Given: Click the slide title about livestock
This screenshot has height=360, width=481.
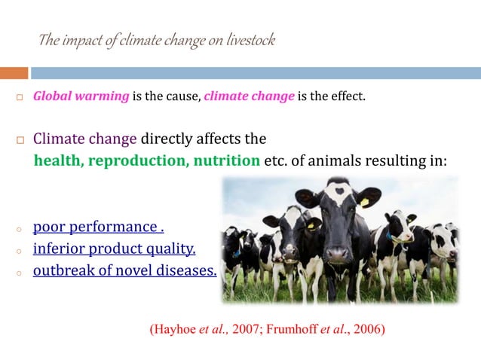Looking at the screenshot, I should coord(156,40).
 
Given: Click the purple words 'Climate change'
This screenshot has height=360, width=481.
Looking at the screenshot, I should coord(85,139).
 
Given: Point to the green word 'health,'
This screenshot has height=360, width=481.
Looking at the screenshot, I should coord(60,161).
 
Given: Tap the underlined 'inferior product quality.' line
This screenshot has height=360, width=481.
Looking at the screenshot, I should coord(114,249).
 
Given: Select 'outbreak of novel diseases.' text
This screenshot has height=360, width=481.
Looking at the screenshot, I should coord(124,270).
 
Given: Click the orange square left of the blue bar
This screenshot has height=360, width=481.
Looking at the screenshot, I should coord(14,73).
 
